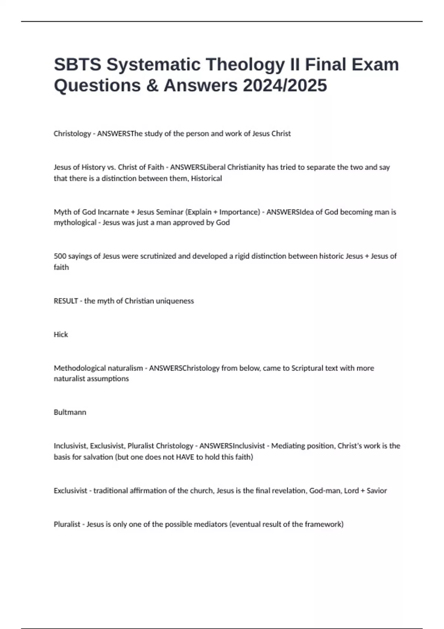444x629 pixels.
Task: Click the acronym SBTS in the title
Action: [x=77, y=64]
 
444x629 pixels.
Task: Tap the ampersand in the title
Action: [x=152, y=85]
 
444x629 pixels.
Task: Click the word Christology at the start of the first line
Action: [x=72, y=134]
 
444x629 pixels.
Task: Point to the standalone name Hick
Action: [x=61, y=334]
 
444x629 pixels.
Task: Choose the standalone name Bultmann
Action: [x=70, y=412]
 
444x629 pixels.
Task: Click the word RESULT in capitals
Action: [x=66, y=301]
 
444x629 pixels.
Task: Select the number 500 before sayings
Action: [x=60, y=256]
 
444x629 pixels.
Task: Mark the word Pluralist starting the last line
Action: [x=67, y=524]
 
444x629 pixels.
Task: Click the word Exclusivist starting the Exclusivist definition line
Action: [x=70, y=491]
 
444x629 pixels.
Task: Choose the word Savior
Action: [x=377, y=491]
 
